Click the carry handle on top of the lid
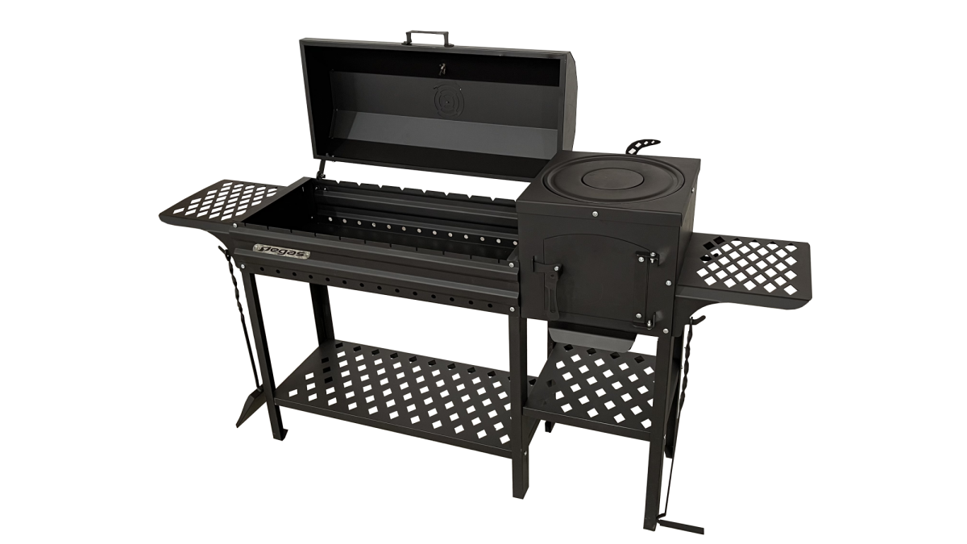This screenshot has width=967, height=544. coord(425,34)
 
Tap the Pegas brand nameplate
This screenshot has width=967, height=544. coord(281,251)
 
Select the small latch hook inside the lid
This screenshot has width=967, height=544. coord(442,69)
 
